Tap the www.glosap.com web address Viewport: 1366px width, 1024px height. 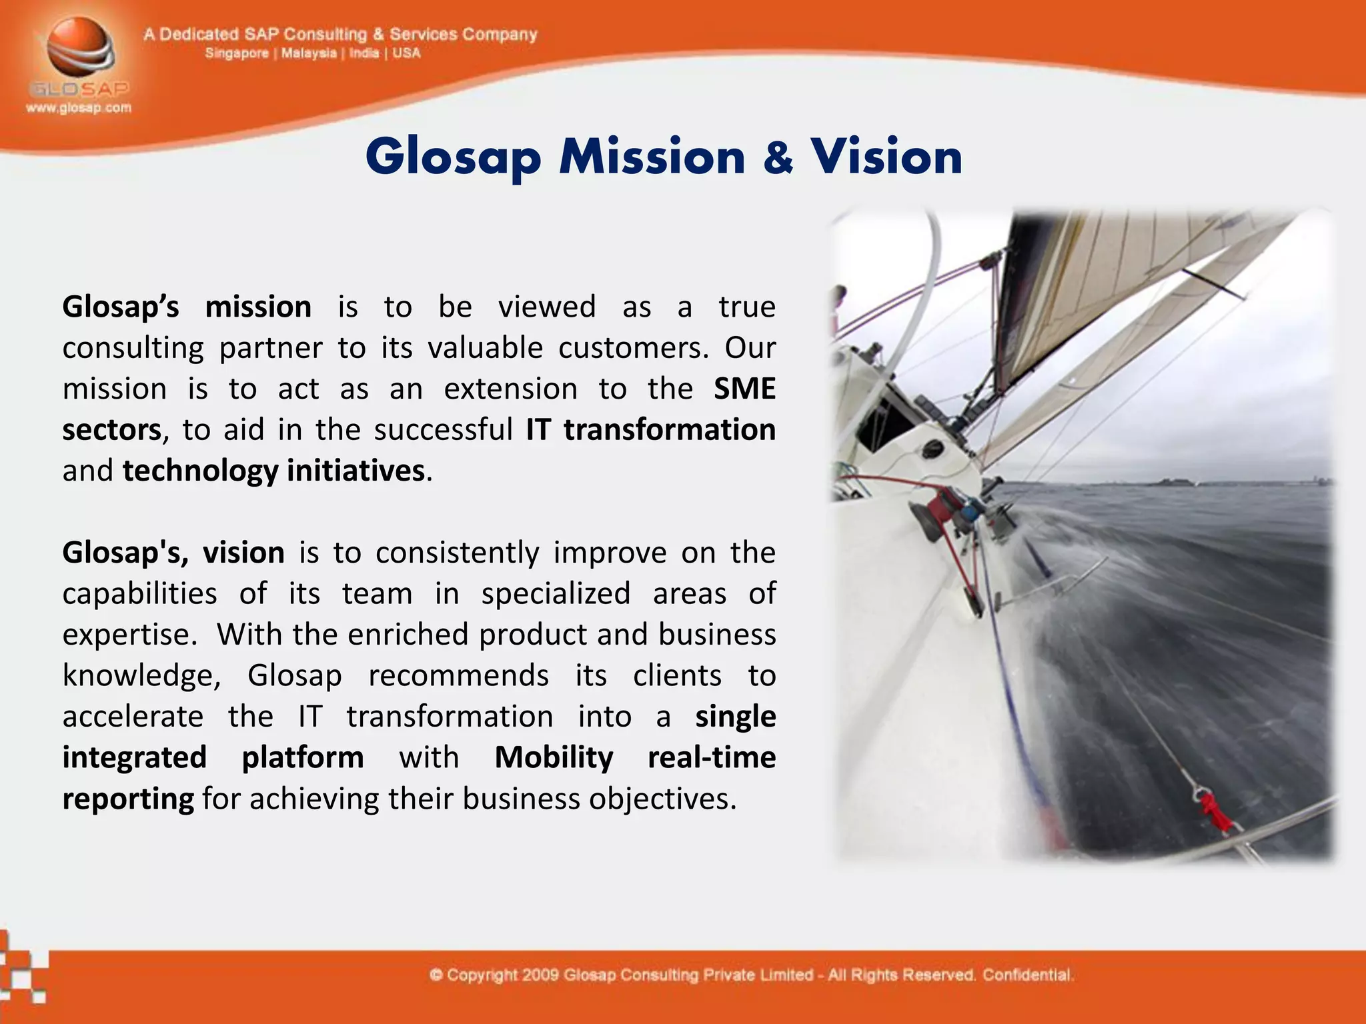79,108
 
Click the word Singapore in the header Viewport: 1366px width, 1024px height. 236,53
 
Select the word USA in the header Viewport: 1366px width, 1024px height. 406,53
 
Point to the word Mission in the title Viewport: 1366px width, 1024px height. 652,157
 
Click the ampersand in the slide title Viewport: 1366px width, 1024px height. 778,157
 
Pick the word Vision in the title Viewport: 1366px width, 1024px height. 886,157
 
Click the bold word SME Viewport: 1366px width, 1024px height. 744,389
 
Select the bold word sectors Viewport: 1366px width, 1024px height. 111,430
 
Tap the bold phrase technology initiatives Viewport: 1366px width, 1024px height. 273,471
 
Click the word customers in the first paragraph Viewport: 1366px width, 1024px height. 632,348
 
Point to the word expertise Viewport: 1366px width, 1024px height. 128,634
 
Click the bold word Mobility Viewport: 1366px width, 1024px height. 554,757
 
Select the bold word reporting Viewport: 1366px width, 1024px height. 128,799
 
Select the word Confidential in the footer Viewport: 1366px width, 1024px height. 1027,975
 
